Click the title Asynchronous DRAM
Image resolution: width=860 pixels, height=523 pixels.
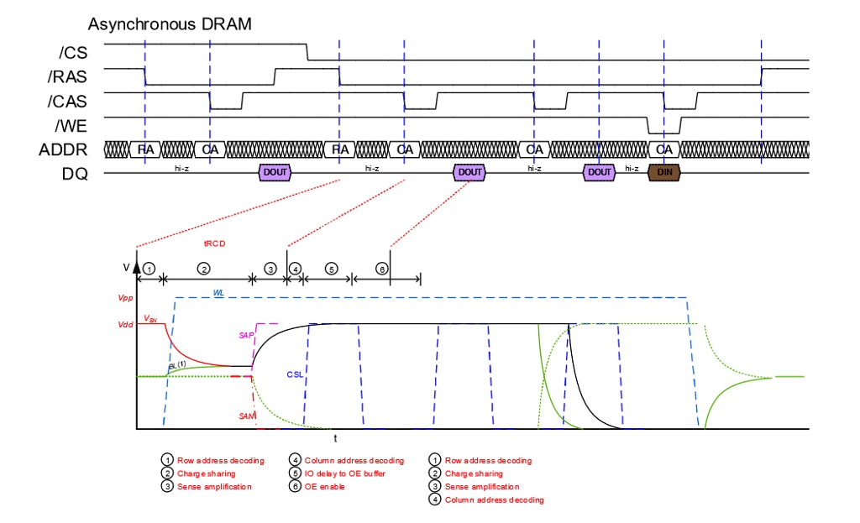[x=170, y=24]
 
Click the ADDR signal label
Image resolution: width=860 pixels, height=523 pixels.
[x=66, y=150]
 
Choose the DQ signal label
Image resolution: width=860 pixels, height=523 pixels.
[x=76, y=174]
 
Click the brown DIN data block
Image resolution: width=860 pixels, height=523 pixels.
[x=664, y=172]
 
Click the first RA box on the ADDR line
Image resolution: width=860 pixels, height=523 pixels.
[x=144, y=149]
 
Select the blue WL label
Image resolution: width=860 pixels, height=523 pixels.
[x=218, y=293]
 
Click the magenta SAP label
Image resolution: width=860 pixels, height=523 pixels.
[x=245, y=335]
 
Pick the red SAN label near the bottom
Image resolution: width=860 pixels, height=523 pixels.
[x=245, y=416]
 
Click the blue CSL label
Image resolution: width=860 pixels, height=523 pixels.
[x=295, y=374]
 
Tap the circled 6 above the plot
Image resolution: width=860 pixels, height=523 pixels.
[x=381, y=269]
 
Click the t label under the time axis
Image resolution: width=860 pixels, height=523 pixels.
[x=335, y=439]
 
